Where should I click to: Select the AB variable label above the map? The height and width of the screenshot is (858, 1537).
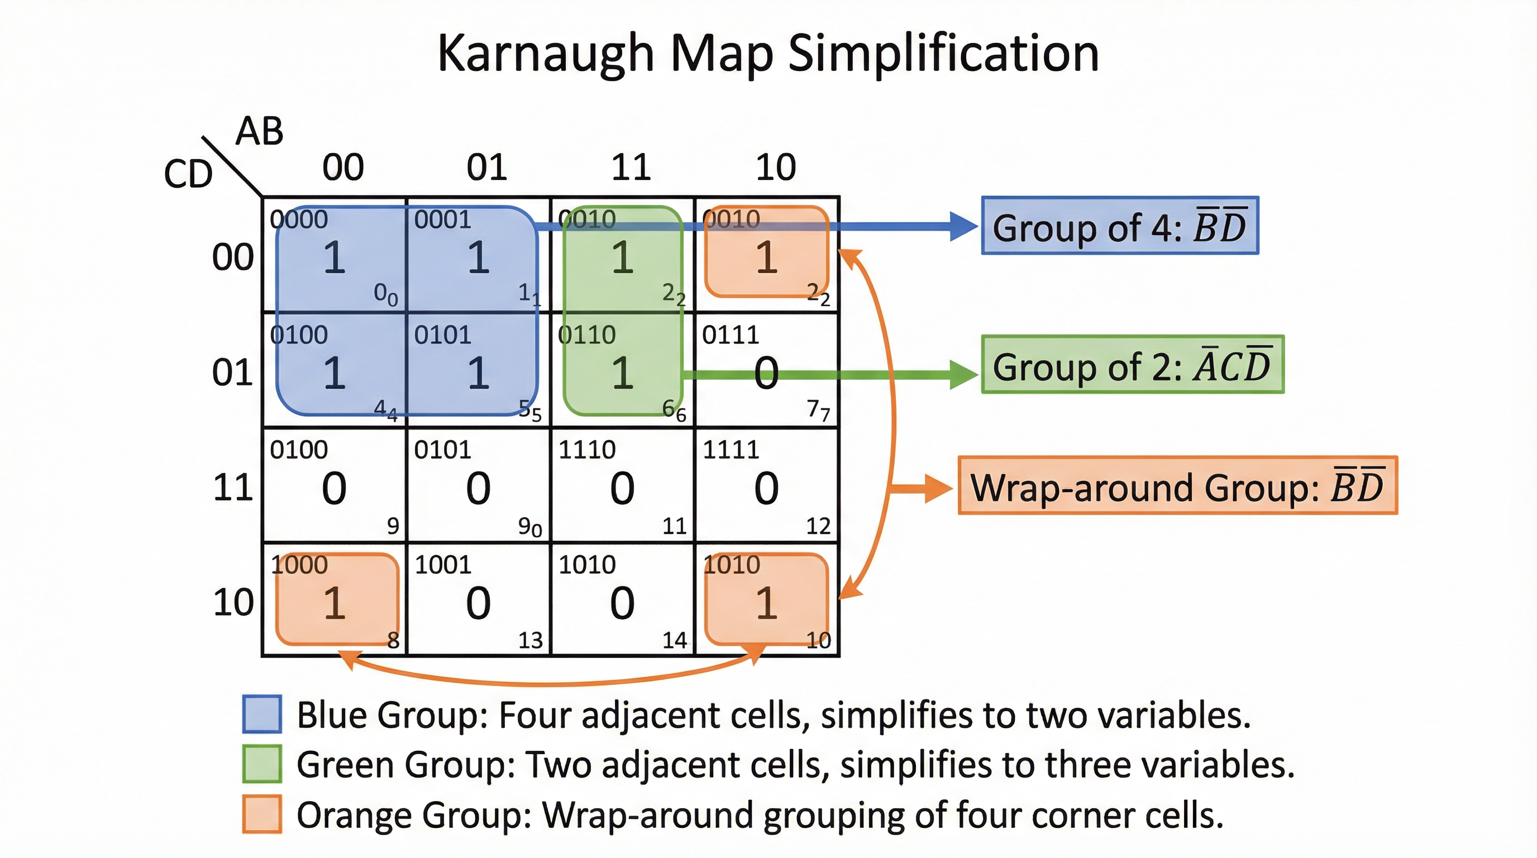coord(259,131)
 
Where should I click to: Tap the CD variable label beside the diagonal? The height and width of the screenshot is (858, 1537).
coord(188,174)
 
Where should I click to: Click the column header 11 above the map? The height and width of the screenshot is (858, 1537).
coord(631,167)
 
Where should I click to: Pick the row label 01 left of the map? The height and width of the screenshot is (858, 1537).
coord(233,373)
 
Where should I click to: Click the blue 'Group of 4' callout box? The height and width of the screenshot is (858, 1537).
coord(1120,226)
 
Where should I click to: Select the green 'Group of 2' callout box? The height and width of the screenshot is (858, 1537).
coord(1133,365)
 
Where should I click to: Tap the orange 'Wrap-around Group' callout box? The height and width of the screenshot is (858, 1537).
coord(1177,485)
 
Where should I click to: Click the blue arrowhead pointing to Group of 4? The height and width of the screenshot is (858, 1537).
coord(962,227)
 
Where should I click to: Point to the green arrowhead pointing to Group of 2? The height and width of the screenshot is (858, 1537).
coord(962,375)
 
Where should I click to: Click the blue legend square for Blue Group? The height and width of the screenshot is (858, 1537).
coord(262,714)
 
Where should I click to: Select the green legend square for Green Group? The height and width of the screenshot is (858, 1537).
coord(262,764)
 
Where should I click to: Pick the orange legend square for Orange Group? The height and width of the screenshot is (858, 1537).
coord(262,814)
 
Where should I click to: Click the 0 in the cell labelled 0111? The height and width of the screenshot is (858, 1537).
coord(766,374)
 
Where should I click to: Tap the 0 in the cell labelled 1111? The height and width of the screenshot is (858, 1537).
coord(766,488)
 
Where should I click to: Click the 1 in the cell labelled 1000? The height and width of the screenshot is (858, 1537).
coord(335,603)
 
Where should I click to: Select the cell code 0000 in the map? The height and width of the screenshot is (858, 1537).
coord(299,220)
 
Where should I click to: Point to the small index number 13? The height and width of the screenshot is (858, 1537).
coord(531,640)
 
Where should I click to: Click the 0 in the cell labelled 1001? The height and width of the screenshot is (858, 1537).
coord(478,603)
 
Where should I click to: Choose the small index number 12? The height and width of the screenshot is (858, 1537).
coord(818,526)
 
